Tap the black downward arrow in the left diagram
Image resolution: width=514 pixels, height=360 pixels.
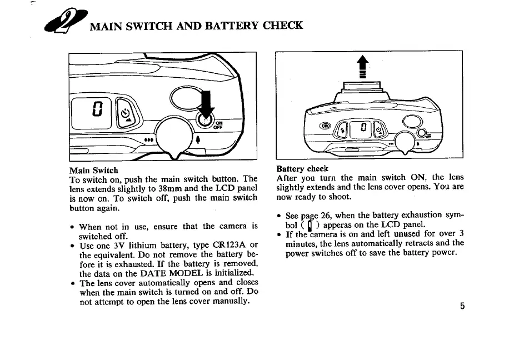206,107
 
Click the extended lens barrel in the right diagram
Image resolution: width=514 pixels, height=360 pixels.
363,88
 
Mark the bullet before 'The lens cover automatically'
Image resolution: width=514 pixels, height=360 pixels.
73,283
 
